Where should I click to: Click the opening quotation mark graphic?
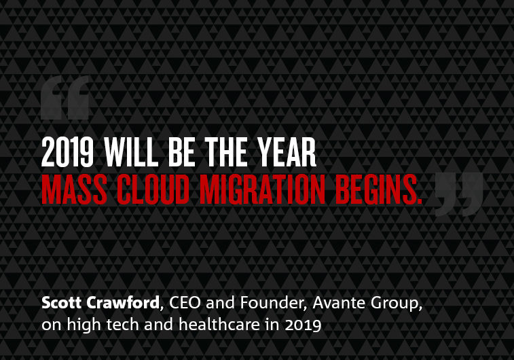[65, 98]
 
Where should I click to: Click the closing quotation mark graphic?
[459, 195]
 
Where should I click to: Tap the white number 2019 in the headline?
[67, 152]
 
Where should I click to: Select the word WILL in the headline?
[131, 152]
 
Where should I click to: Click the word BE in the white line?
[181, 152]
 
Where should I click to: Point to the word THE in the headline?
[226, 152]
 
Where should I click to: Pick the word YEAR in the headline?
[287, 152]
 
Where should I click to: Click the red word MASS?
[75, 190]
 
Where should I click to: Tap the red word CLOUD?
[153, 190]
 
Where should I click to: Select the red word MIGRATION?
[262, 190]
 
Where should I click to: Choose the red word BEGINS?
[379, 190]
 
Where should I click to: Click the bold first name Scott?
[62, 303]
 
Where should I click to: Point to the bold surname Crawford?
[123, 303]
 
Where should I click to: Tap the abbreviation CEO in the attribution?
[185, 303]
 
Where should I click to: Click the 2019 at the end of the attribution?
[304, 325]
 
